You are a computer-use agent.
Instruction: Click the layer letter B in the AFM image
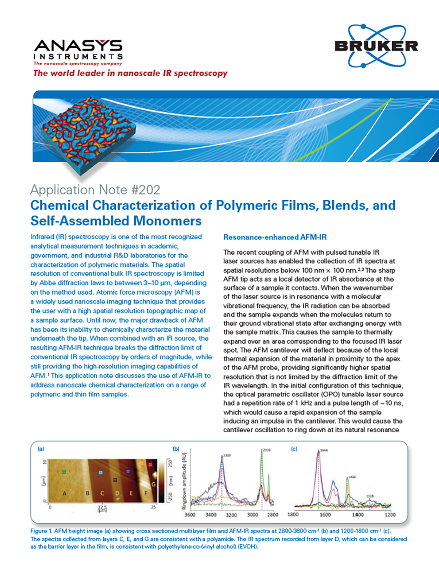87,493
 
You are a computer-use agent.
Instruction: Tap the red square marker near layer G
150,464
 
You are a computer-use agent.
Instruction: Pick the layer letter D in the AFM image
117,493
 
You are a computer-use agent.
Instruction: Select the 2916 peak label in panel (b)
267,451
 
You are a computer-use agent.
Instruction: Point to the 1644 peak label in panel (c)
324,451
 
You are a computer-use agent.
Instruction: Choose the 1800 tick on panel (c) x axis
293,514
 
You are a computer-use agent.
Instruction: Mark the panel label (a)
41,449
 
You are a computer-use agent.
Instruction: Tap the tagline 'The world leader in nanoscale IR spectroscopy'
130,73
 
